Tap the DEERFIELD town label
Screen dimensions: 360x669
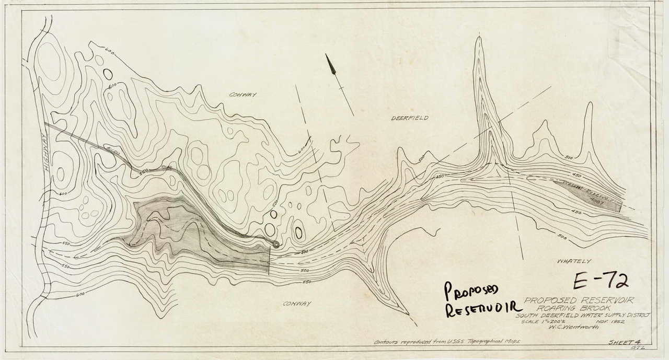[x=410, y=118]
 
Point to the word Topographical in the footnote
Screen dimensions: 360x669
[x=501, y=343]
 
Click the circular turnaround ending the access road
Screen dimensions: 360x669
[x=275, y=243]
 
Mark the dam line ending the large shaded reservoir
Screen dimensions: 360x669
[x=269, y=260]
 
